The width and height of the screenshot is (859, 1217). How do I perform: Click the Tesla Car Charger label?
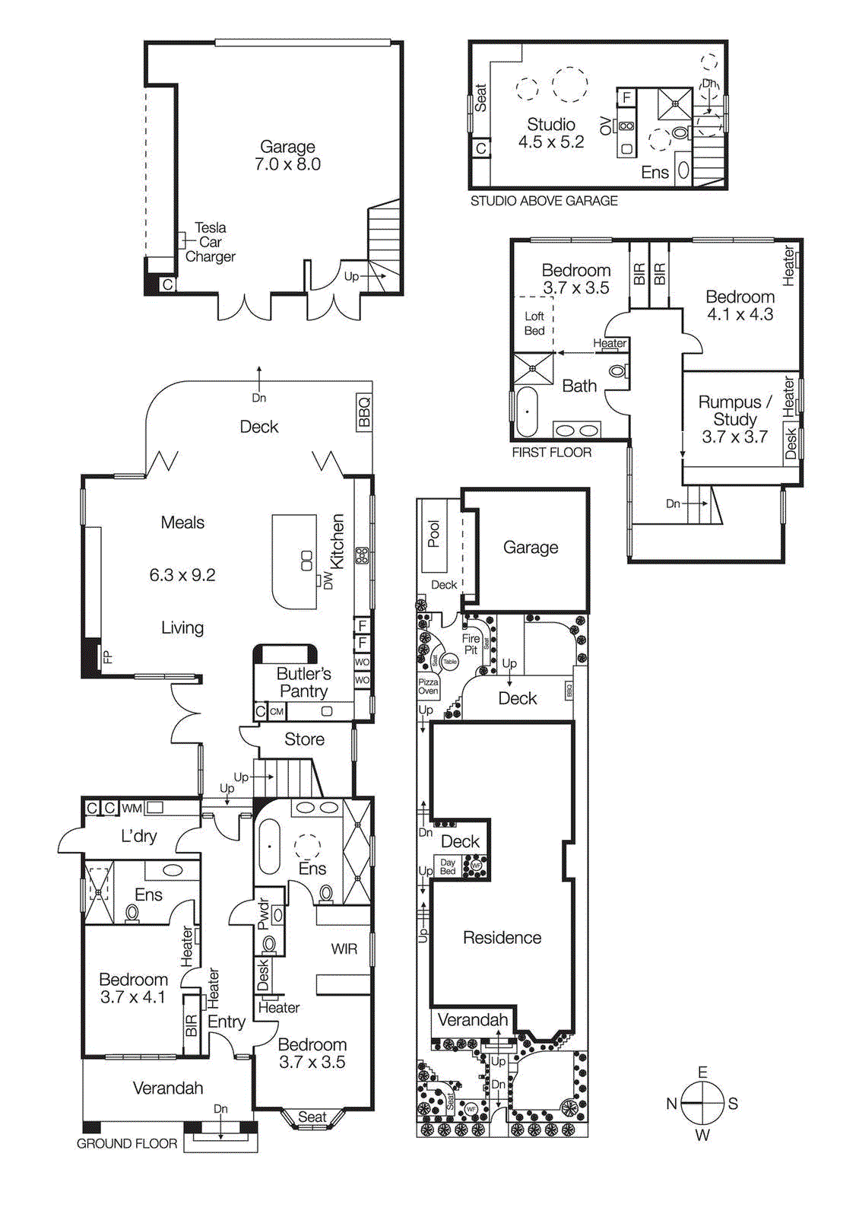click(211, 242)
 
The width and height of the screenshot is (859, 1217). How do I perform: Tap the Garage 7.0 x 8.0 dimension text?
click(287, 164)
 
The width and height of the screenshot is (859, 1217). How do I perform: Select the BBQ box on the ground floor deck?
click(364, 411)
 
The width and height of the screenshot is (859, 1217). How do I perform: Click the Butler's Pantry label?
click(303, 682)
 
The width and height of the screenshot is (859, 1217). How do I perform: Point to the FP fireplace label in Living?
click(108, 656)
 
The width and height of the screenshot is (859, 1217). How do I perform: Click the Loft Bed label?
click(534, 323)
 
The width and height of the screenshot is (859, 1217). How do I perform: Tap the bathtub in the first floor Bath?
click(526, 411)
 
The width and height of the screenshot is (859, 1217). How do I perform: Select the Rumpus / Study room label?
click(734, 418)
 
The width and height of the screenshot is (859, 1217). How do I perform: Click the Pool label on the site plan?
click(433, 533)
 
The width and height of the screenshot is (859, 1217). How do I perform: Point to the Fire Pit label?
click(471, 644)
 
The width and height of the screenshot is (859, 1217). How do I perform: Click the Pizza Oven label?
click(428, 686)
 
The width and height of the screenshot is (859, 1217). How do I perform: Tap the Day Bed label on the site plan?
click(448, 866)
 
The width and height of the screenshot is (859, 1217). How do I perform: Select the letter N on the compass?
click(671, 1104)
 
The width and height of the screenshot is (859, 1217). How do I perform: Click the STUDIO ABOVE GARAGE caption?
click(544, 201)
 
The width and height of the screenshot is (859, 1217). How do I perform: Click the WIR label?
click(344, 948)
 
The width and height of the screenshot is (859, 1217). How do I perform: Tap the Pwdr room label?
click(263, 914)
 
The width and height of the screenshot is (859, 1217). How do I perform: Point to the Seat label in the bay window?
click(312, 1117)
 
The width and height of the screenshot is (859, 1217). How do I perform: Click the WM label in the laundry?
click(132, 808)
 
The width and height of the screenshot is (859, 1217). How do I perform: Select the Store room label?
click(304, 739)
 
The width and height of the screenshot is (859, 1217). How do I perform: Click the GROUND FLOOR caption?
click(127, 1143)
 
